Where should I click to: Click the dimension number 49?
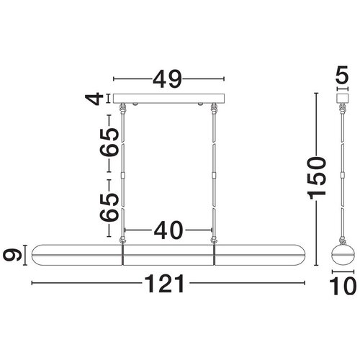[168, 79]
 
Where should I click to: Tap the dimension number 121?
[166, 284]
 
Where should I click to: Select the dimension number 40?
[168, 230]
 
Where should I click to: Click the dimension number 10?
[343, 286]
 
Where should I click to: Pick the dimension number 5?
[342, 75]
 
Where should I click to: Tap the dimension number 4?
[94, 99]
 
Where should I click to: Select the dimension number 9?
[12, 255]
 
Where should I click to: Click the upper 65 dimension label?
[109, 143]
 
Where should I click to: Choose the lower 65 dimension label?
[109, 207]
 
